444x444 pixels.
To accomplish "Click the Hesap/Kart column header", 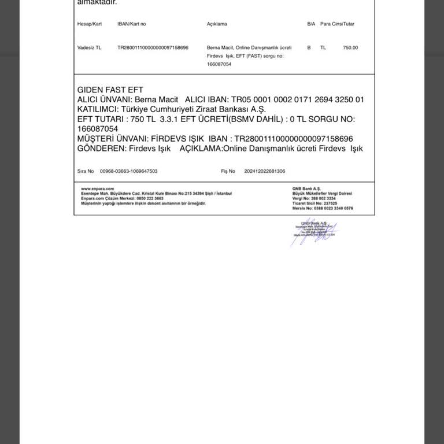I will tap(89, 24).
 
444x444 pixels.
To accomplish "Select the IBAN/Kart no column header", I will tap(131, 24).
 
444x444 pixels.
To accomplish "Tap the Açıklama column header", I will tap(217, 24).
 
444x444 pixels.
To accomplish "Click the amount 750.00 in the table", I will tap(350, 48).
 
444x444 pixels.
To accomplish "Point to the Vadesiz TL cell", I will tap(89, 48).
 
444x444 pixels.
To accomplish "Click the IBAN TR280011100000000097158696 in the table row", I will tap(153, 48).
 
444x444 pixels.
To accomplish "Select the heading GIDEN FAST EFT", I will tap(110, 90).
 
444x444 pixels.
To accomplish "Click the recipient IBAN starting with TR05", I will tap(298, 99).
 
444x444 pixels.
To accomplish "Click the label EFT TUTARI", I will tap(101, 119).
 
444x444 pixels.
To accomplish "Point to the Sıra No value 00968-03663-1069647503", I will tap(128, 171).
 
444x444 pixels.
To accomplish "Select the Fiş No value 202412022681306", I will tap(264, 171).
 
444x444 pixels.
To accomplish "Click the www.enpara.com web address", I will tap(98, 188).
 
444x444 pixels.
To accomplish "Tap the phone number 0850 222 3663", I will tap(150, 198).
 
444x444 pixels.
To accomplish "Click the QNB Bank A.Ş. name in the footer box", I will tap(306, 188).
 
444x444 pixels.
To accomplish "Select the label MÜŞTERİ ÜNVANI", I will tap(112, 139).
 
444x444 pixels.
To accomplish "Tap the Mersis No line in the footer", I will tap(323, 208).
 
